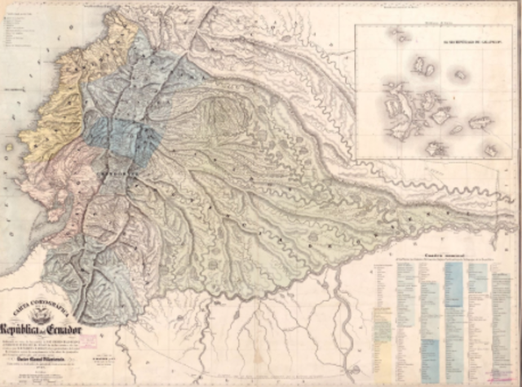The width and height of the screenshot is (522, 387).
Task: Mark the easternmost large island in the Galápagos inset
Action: (480, 122)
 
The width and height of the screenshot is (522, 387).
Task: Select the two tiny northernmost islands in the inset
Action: (400, 34)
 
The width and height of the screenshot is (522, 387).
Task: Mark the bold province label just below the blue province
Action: (111, 174)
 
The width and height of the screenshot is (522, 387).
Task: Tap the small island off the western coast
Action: (9, 148)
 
